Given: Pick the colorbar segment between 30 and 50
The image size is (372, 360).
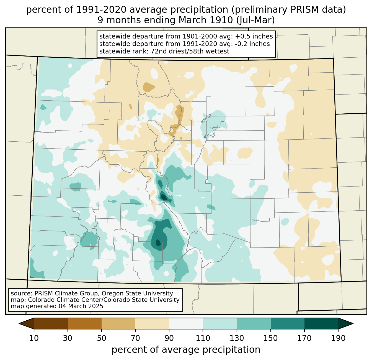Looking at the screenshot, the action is point(85,324).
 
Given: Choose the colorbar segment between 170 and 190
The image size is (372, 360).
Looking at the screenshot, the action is point(321,324).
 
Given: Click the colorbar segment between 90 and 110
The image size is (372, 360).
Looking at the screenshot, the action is point(186,324).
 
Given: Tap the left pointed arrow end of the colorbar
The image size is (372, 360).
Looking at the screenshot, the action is point(26,324).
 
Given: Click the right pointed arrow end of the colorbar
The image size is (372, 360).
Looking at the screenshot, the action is point(346,324).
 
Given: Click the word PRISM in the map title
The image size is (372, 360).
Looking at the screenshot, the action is point(301,10).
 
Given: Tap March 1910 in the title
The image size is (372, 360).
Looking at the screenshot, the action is point(206,20).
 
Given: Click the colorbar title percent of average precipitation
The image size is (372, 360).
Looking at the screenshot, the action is point(186,350).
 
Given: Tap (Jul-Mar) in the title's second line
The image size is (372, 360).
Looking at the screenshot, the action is point(256,20).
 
